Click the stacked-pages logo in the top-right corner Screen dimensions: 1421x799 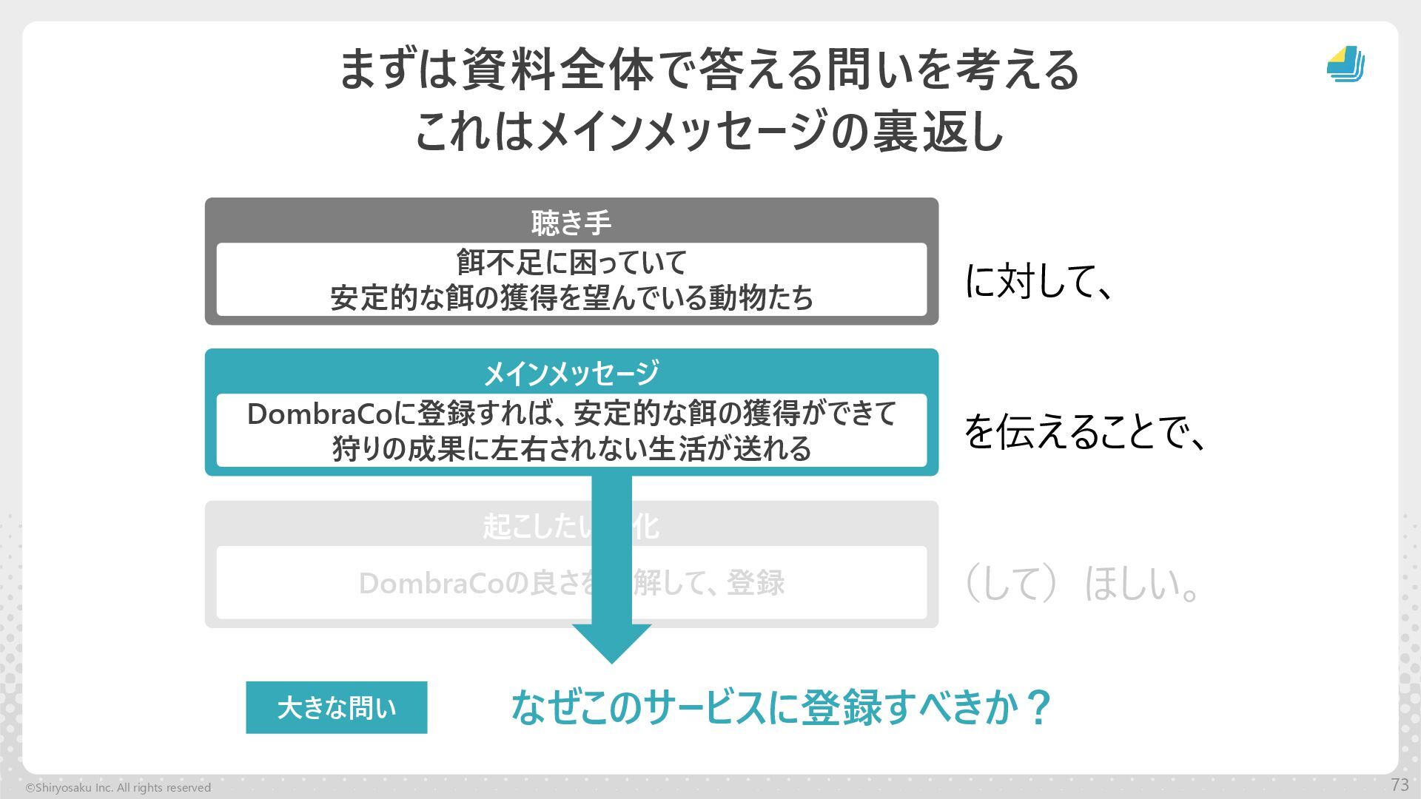tap(1346, 64)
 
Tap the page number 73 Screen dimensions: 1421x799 tap(1400, 785)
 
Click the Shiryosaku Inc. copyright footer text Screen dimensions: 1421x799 tap(118, 788)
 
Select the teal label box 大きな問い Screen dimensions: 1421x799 tap(336, 708)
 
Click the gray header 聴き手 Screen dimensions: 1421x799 tap(571, 223)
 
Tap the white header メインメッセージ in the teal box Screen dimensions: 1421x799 tap(571, 373)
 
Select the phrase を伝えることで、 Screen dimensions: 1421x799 tap(1085, 432)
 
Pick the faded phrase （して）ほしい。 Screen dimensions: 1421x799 tap(1081, 584)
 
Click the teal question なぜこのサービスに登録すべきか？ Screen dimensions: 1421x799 tap(780, 707)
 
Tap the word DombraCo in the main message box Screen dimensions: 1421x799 tap(319, 414)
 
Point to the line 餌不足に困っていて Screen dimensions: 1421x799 tap(571, 263)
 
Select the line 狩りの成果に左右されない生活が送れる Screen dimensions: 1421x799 tap(571, 449)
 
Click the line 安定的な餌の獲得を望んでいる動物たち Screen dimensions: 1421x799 tap(571, 297)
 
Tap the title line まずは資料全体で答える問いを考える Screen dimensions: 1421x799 tap(709, 70)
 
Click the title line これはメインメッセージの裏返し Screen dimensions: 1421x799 tap(709, 132)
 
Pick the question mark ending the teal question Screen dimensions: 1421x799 tap(1039, 707)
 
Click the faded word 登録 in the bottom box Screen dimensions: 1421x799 tap(756, 584)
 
